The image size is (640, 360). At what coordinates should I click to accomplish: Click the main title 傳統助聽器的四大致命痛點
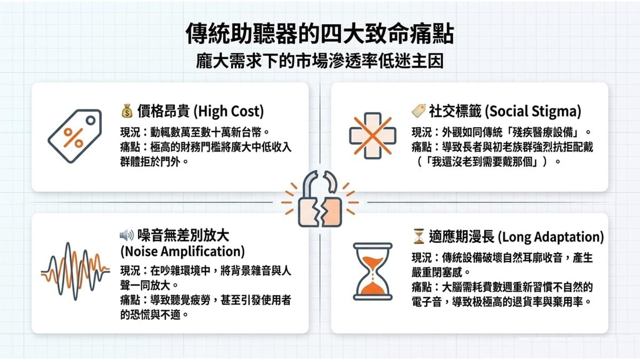319,34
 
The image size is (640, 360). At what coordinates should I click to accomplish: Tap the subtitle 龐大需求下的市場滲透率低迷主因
319,61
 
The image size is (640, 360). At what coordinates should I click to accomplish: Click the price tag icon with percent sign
75,135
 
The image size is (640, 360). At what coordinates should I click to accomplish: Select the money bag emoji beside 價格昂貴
127,111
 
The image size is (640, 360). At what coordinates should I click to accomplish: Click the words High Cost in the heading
229,111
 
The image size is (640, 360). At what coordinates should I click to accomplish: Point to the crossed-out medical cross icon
373,135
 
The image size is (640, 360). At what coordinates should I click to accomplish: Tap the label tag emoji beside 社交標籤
419,111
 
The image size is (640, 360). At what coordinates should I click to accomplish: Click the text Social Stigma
533,111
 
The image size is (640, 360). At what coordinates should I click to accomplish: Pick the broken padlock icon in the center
320,199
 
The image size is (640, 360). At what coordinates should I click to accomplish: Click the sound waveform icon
75,271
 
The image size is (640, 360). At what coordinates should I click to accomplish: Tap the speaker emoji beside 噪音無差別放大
127,235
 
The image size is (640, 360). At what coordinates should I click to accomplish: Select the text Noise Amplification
182,251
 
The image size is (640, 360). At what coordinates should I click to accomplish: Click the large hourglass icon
373,271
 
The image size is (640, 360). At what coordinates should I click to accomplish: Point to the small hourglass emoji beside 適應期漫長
419,236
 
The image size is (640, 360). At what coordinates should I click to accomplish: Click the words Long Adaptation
551,237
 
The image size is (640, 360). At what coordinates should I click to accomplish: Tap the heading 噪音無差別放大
183,236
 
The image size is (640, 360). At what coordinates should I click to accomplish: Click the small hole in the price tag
91,121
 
